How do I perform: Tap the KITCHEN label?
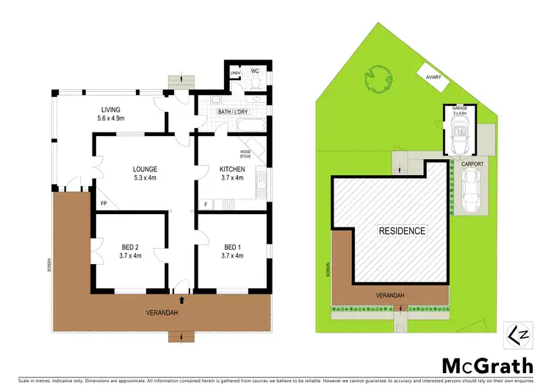[231, 169]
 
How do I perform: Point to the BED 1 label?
[231, 247]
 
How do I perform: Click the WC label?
[255, 71]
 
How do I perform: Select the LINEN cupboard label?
[235, 73]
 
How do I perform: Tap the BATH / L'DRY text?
[234, 113]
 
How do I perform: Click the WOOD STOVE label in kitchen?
[245, 154]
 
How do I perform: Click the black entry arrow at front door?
[181, 299]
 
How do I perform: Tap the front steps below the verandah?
[180, 337]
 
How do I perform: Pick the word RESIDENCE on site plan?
[402, 231]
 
